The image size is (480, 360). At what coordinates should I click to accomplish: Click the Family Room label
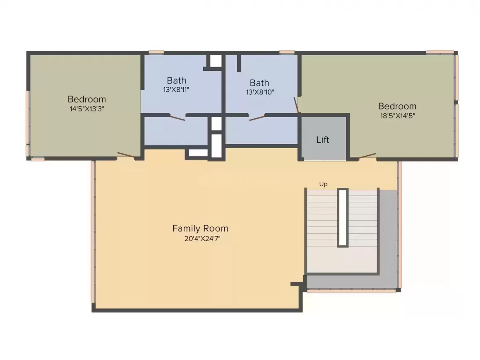tap(200, 228)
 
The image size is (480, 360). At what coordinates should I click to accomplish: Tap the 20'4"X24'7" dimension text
tap(202, 239)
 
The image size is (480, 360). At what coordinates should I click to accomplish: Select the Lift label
tap(323, 140)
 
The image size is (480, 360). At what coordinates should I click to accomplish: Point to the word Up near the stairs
tap(323, 184)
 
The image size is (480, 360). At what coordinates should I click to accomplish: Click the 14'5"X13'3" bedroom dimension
tap(87, 109)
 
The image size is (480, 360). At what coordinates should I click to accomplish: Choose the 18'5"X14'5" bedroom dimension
tap(398, 116)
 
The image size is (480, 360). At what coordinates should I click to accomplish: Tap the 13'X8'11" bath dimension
tap(176, 90)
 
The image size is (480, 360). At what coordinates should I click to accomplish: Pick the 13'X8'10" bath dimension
tap(260, 92)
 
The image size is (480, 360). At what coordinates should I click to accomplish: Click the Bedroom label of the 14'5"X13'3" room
tap(86, 99)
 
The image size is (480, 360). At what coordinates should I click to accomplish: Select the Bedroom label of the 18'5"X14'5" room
tap(397, 106)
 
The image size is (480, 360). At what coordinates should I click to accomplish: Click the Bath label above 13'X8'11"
tap(176, 81)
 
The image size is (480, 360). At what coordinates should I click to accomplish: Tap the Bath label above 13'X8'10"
tap(259, 83)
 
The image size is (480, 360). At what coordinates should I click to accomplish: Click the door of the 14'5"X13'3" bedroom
tap(126, 155)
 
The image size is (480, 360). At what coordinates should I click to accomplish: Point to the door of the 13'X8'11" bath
tap(178, 118)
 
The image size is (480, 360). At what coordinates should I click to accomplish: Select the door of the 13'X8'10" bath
tap(257, 118)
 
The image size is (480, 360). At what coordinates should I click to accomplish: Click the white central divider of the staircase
tap(343, 218)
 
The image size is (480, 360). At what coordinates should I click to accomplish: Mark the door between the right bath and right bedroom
tap(296, 105)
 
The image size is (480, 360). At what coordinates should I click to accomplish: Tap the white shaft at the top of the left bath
tap(216, 60)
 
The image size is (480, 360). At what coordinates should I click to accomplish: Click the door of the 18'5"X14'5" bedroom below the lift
tap(367, 156)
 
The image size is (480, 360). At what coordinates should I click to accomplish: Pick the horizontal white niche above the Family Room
tap(198, 153)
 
